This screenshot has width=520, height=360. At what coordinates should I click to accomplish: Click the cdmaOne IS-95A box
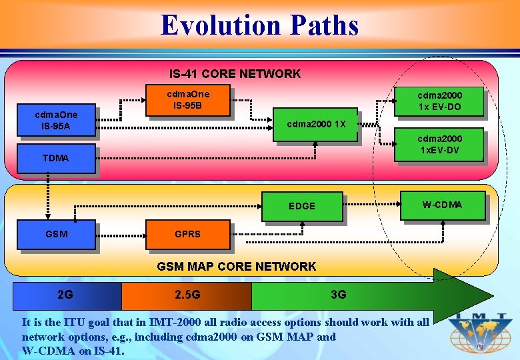coord(56,120)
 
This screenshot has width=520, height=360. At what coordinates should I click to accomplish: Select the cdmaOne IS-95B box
coord(187,100)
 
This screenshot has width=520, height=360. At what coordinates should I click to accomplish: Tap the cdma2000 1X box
coord(316,125)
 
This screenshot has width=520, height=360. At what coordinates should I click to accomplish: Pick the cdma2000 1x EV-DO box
coord(439,101)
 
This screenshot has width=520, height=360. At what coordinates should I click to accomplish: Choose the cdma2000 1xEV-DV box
coord(439,144)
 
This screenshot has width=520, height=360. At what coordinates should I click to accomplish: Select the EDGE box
coord(302,206)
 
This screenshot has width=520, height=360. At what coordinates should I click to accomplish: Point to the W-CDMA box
coord(443,205)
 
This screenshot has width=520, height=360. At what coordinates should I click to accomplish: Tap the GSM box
coord(56,234)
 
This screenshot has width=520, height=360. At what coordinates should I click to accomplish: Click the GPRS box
coord(187,234)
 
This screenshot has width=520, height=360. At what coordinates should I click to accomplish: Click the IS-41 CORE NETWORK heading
coord(235,74)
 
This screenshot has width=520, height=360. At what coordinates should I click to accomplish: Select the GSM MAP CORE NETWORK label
coord(236,267)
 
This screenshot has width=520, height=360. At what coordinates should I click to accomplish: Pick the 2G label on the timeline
coord(65,295)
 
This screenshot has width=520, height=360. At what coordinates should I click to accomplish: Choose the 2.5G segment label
coord(187,295)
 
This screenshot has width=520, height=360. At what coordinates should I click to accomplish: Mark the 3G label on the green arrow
coord(339,295)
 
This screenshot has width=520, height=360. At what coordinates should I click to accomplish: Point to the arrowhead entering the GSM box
coord(48,215)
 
